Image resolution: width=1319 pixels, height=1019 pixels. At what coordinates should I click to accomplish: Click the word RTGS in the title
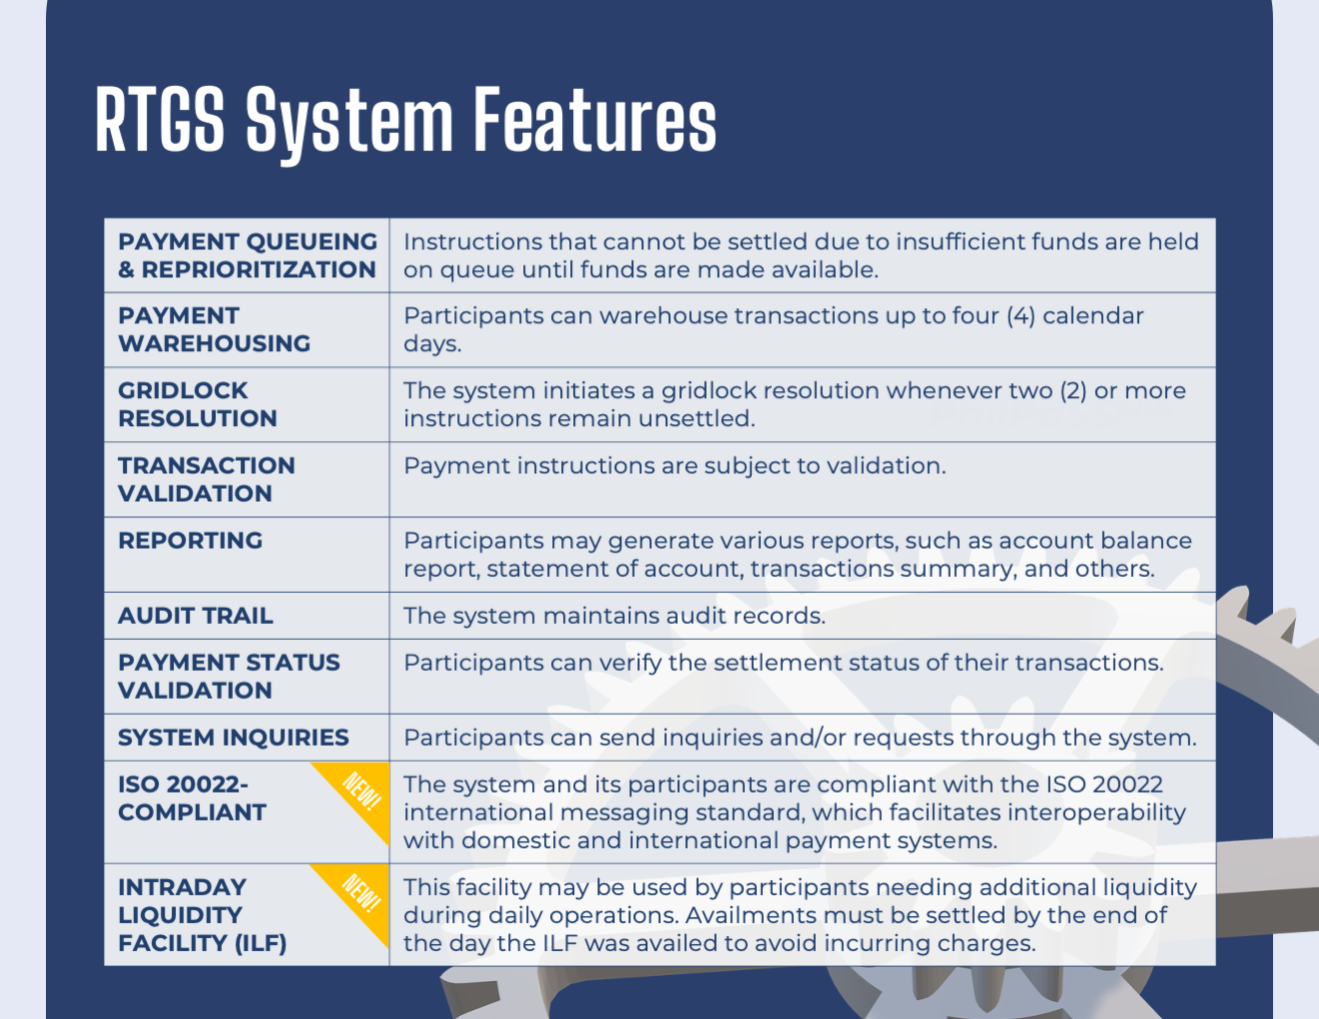pos(160,119)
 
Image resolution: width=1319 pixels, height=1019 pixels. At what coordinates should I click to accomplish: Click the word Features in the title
pos(595,119)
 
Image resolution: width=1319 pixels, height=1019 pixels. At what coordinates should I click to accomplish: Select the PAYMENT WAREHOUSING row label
pos(215,329)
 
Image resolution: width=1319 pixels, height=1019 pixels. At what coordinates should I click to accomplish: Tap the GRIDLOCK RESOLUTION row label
pos(198,404)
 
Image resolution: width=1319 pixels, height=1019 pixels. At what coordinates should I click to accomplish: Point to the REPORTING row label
pos(191,540)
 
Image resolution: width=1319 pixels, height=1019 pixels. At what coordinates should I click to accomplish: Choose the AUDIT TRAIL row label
pos(196,616)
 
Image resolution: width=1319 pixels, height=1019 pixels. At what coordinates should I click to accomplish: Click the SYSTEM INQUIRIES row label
pos(234,738)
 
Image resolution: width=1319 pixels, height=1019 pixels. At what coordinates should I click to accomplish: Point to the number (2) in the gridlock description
pos(1073,390)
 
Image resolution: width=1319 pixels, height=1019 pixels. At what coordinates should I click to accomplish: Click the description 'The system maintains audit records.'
pos(614,616)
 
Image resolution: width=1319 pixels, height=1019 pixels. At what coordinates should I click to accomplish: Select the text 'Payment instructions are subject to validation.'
pos(674,466)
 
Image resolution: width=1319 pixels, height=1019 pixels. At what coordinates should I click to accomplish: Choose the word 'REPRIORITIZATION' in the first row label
pos(259,269)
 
